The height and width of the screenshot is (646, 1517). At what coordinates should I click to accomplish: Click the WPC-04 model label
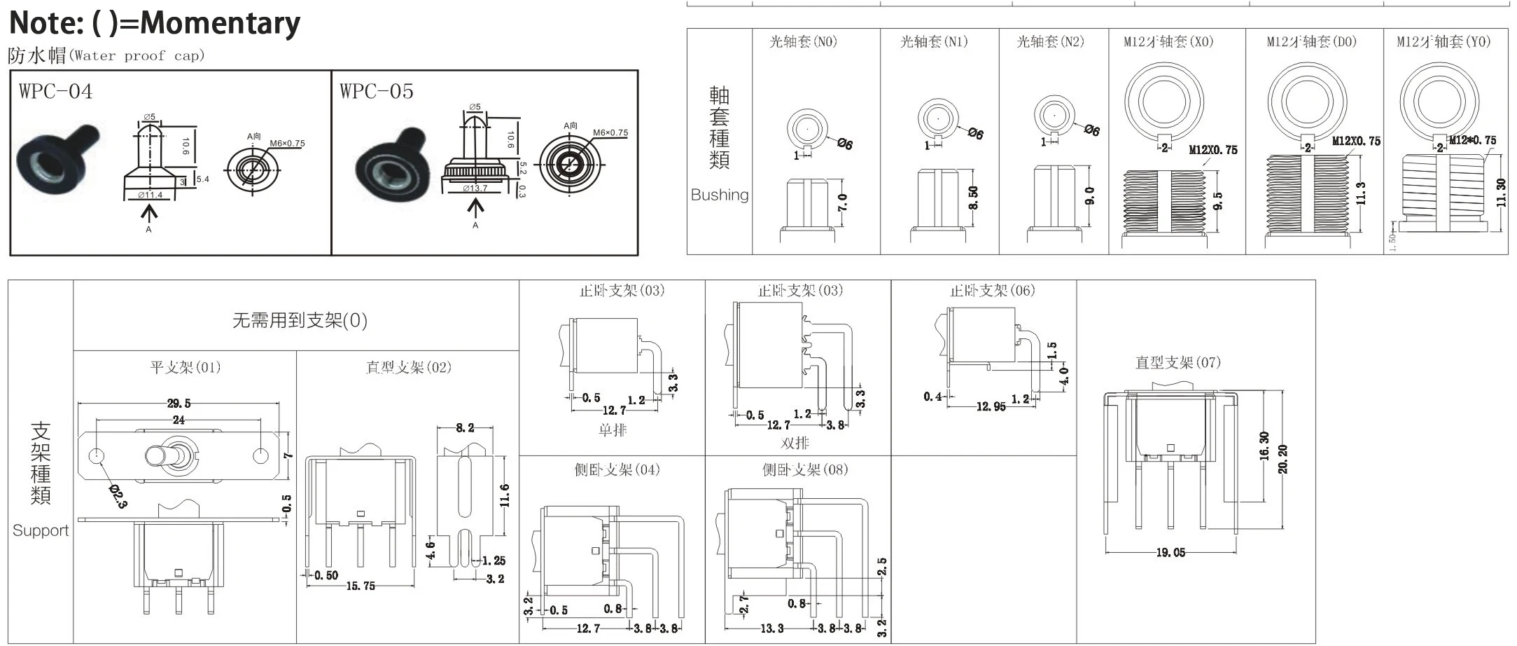(55, 92)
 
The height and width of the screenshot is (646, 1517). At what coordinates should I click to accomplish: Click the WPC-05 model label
(377, 92)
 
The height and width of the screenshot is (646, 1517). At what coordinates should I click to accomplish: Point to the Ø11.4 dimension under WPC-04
(150, 195)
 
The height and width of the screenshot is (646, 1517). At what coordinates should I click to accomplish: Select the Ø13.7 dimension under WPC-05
(475, 188)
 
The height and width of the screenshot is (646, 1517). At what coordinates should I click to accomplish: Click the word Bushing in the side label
(719, 195)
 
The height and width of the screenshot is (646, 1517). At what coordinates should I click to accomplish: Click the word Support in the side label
(41, 530)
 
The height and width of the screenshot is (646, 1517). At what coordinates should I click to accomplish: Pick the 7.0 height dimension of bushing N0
(842, 203)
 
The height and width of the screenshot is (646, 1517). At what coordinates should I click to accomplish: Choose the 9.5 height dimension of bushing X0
(1218, 201)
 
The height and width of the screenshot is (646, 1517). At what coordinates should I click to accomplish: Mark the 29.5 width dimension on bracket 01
(179, 404)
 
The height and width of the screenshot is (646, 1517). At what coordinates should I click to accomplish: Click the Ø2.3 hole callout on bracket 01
(118, 495)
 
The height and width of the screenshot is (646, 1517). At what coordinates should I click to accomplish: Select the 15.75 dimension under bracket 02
(361, 586)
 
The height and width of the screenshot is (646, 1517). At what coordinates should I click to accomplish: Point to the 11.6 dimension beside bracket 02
(505, 495)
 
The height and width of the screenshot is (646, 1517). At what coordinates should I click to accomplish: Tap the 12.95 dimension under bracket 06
(991, 406)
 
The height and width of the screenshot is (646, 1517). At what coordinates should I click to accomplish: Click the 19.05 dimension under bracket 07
(1170, 553)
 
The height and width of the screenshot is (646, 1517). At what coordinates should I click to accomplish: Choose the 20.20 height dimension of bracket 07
(1282, 460)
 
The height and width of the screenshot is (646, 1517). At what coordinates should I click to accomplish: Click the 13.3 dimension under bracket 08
(772, 628)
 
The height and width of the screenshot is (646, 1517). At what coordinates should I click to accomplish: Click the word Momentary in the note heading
(221, 23)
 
